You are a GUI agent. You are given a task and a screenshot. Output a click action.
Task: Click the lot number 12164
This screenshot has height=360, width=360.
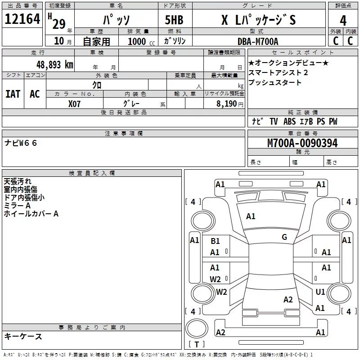[22, 20]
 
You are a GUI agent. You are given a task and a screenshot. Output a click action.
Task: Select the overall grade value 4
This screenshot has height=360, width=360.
[343, 20]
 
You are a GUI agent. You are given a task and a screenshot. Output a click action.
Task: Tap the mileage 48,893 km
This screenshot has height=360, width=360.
[55, 64]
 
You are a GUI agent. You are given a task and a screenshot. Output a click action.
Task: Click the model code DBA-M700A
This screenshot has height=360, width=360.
[258, 41]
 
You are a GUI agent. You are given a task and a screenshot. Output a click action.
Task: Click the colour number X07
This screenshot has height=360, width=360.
[74, 103]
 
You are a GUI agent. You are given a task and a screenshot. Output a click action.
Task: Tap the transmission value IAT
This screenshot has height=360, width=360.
[13, 94]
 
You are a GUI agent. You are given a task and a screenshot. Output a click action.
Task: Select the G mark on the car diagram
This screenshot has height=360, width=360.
[284, 237]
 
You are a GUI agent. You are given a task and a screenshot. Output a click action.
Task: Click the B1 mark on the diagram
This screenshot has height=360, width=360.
[215, 241]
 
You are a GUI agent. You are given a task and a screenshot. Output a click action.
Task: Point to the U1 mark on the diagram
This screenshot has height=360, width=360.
[320, 292]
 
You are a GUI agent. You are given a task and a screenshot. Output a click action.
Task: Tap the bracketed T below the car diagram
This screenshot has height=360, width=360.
[197, 345]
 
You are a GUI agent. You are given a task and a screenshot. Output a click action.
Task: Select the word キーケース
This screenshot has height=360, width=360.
[23, 336]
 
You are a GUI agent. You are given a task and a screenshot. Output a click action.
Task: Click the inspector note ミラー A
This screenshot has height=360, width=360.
[17, 205]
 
